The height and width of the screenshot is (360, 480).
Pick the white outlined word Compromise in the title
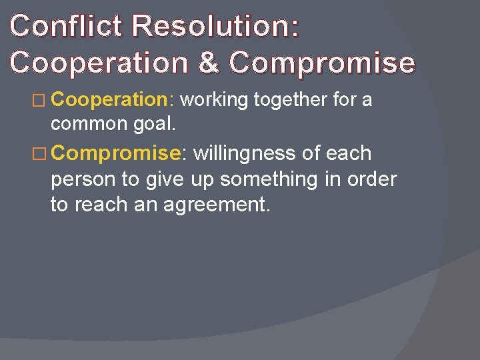[x=322, y=62]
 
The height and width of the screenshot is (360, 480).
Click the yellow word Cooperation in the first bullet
[x=111, y=100]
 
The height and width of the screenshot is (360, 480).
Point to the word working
[x=214, y=100]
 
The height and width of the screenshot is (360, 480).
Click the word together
[x=291, y=100]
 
